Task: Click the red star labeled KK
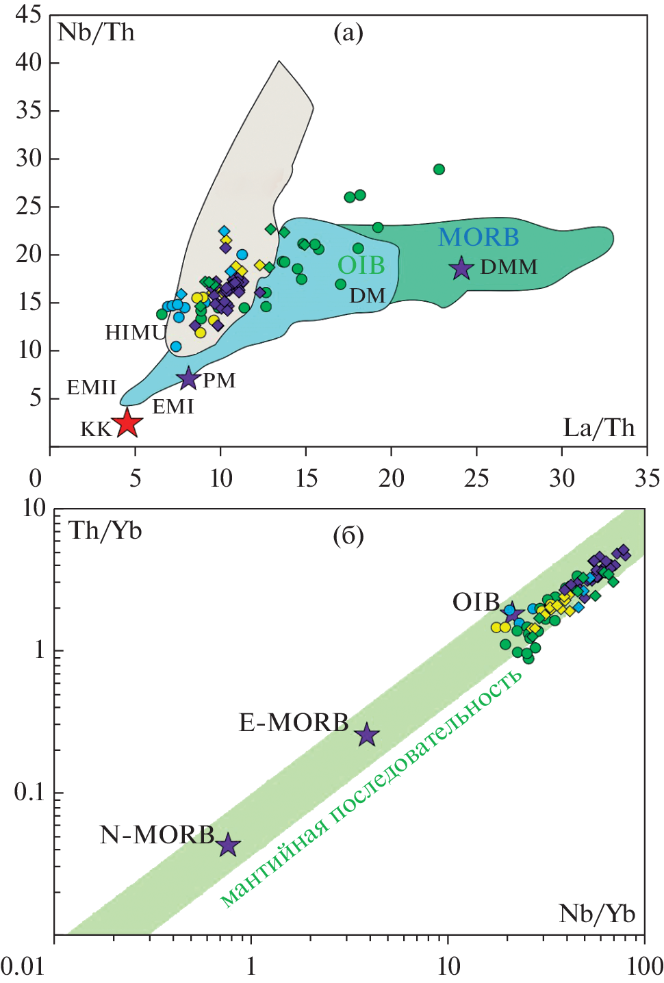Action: click(x=127, y=423)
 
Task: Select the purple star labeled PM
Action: click(x=188, y=378)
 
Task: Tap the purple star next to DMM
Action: click(x=462, y=268)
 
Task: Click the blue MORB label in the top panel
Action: click(x=478, y=238)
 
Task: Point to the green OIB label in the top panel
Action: click(x=361, y=266)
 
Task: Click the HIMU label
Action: click(x=135, y=333)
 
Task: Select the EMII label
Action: click(x=92, y=387)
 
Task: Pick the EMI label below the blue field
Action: click(x=173, y=407)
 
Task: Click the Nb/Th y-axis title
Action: click(x=96, y=32)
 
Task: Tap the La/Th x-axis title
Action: click(x=599, y=428)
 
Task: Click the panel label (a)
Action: click(x=348, y=32)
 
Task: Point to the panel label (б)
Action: click(x=348, y=535)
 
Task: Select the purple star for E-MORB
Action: click(x=368, y=735)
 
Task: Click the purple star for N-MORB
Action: click(x=228, y=846)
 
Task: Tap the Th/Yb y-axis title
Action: click(x=105, y=531)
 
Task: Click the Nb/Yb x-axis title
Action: click(x=597, y=914)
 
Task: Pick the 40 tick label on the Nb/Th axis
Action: click(x=28, y=62)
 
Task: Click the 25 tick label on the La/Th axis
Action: click(x=476, y=478)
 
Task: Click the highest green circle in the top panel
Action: click(x=439, y=169)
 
